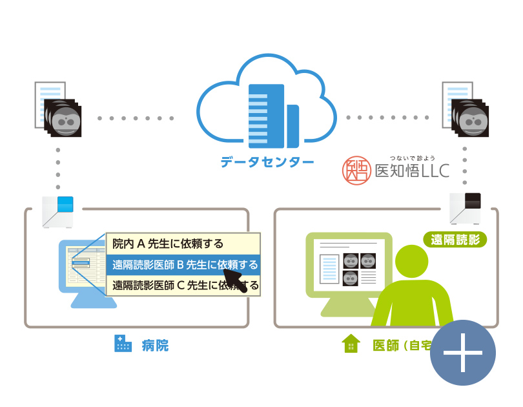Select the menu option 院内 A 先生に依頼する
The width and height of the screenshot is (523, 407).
tap(168, 244)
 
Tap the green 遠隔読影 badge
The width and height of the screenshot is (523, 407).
tap(455, 239)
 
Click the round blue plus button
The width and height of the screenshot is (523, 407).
tap(463, 353)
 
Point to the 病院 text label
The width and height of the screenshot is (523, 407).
tap(155, 345)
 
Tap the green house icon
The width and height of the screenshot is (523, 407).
tap(351, 344)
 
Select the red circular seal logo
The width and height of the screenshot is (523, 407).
tap(356, 169)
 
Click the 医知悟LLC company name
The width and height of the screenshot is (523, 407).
tap(412, 171)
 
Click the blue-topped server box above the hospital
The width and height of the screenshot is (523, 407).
tap(58, 211)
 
